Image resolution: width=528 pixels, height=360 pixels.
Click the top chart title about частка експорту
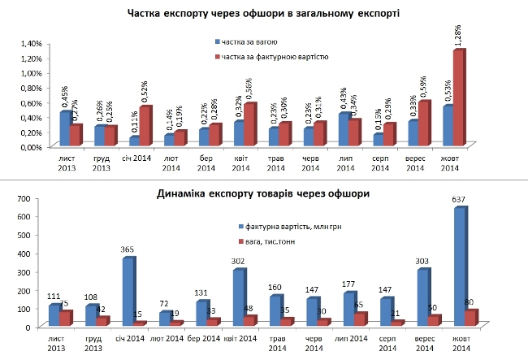[263, 14]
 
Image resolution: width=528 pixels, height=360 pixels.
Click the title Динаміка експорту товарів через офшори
[264, 194]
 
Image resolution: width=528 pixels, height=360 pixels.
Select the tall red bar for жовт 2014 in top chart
[458, 98]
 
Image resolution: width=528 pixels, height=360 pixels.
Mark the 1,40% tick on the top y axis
[29, 43]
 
